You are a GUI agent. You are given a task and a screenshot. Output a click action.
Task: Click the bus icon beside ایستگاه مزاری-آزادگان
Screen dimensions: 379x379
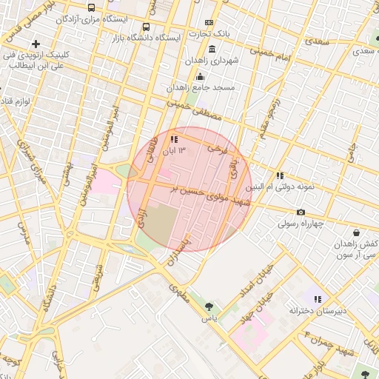pyautogui.click(x=91, y=8)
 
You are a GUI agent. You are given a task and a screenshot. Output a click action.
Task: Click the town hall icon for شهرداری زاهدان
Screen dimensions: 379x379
pyautogui.click(x=212, y=50)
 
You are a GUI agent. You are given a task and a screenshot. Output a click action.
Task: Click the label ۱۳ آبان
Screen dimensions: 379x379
pyautogui.click(x=175, y=150)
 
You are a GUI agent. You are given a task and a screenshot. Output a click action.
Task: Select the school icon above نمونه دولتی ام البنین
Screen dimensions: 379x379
pyautogui.click(x=280, y=176)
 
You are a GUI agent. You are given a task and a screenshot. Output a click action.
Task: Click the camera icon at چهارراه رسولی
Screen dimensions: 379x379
pyautogui.click(x=301, y=213)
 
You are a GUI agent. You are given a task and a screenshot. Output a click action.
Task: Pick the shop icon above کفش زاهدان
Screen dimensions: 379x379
pyautogui.click(x=356, y=233)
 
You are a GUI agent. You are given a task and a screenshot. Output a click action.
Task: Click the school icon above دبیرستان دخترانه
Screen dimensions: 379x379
pyautogui.click(x=318, y=300)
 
